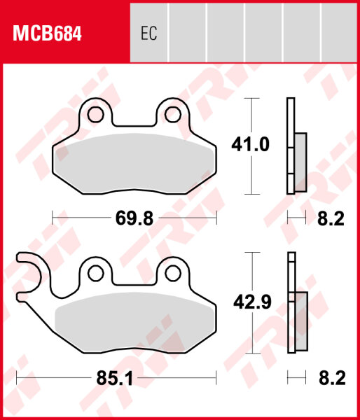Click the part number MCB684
click(43, 33)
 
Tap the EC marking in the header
click(148, 34)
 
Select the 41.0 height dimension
click(250, 145)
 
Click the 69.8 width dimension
click(134, 219)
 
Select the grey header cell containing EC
click(148, 34)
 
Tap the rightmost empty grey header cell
click(340, 34)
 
